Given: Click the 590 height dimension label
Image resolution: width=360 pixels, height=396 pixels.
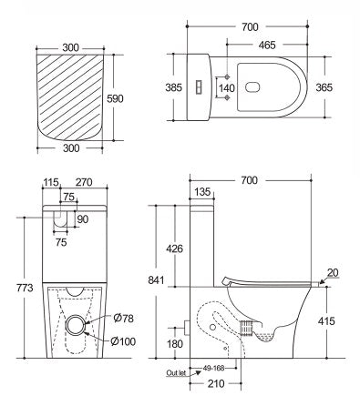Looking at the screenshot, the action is click(x=115, y=98).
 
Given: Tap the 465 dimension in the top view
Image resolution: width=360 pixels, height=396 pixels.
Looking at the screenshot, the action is click(x=267, y=45).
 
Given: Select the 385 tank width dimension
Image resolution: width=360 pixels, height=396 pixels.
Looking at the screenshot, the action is click(x=174, y=87).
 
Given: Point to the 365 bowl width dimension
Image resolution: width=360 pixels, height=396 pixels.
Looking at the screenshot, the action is click(x=324, y=87).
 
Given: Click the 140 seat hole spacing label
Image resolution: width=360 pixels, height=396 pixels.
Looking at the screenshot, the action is click(x=227, y=88).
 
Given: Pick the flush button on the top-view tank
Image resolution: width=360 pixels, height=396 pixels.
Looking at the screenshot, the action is click(x=199, y=87).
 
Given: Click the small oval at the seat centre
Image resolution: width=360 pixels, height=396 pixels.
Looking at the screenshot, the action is click(x=252, y=87).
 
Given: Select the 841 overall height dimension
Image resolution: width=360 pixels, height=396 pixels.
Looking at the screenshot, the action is click(x=156, y=279).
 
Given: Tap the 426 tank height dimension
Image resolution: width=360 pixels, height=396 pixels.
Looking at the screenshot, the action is click(x=174, y=249).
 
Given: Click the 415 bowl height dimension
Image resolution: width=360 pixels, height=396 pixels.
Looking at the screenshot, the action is click(x=326, y=320).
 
